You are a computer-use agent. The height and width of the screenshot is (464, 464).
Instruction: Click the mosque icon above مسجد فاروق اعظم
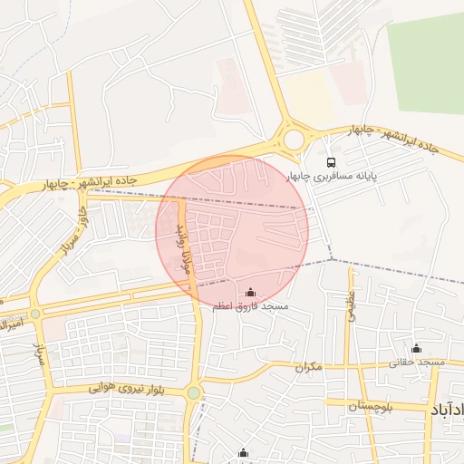coord(250,292)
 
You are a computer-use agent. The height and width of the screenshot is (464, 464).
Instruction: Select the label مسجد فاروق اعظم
coord(250,307)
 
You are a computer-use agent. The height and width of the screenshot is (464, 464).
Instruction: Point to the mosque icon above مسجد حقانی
coord(417,348)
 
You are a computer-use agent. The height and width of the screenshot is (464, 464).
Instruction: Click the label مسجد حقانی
coord(417,362)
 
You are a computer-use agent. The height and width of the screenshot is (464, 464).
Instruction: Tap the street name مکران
coord(308,367)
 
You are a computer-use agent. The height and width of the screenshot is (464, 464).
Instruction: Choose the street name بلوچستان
coord(372,406)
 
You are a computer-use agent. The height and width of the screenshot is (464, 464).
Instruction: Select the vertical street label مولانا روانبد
coord(184,245)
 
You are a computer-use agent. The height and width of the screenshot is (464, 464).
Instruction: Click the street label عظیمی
coord(352,304)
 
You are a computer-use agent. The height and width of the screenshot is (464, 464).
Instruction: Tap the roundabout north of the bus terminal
coord(295,140)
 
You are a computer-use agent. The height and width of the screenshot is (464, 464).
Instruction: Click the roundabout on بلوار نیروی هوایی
coord(193,392)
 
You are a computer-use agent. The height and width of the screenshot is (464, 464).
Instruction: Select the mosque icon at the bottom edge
coord(243,453)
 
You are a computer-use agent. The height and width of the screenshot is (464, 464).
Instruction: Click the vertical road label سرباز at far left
coord(39,353)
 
